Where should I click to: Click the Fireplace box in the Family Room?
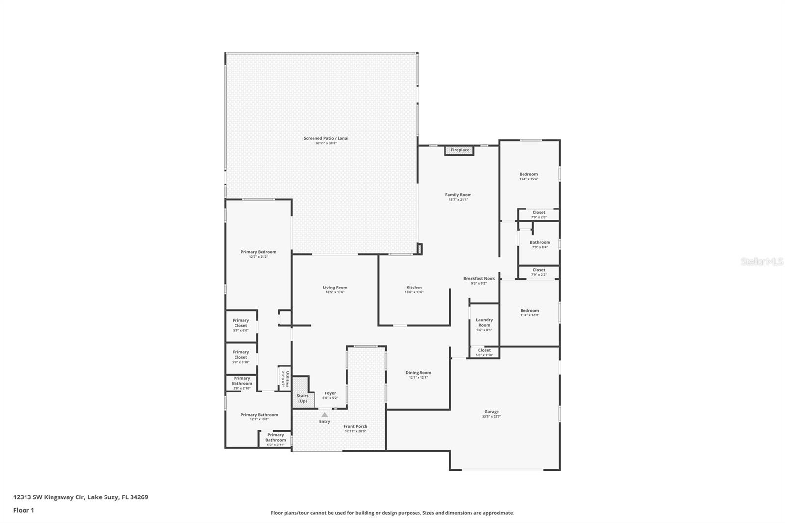460,150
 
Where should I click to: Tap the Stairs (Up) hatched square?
302,398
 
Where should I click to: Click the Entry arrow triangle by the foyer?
324,415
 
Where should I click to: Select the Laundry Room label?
484,322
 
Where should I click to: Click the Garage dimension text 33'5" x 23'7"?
492,417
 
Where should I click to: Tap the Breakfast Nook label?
479,278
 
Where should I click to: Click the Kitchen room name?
414,288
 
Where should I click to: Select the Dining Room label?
418,373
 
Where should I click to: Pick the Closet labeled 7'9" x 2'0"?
539,215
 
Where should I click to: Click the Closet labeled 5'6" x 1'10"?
484,352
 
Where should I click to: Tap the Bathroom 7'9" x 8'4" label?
540,244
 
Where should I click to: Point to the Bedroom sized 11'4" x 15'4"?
528,176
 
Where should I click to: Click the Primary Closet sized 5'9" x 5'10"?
241,357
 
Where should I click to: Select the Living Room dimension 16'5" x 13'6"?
335,292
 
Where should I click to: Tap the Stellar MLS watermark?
761,261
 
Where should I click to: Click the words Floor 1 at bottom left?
24,510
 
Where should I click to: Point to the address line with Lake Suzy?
80,497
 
